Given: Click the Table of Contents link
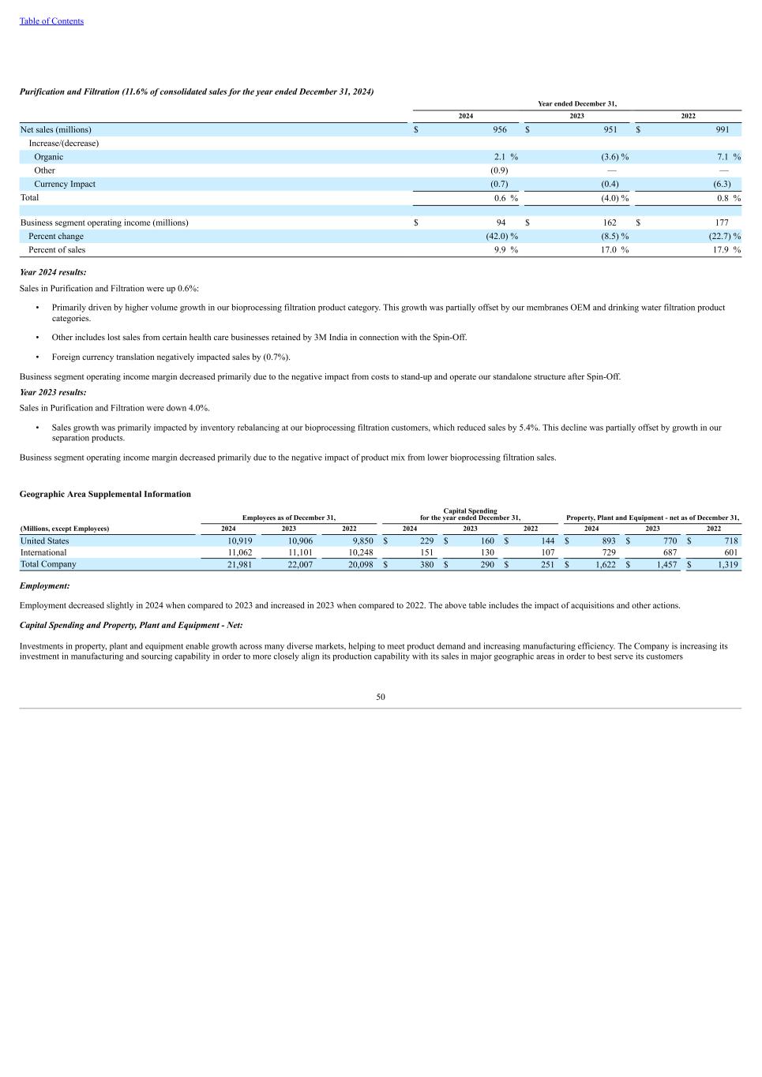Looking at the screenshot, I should pos(51,21).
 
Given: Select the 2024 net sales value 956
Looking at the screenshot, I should pos(500,129).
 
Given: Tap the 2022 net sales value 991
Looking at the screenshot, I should pos(723,129).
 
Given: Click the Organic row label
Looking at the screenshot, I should pos(48,157).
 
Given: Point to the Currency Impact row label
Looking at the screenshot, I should pos(64,184).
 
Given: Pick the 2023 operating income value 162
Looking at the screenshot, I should pos(610,223).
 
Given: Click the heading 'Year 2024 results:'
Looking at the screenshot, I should pos(53,272).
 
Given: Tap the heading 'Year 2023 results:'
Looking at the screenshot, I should pos(53,392).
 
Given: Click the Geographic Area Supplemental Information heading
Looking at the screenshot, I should pos(105,494).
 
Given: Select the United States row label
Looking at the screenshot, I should pos(44,541).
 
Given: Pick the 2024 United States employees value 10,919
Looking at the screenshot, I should pos(239,541).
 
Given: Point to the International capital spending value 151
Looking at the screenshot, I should pos(427,553).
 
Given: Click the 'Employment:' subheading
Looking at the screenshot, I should pos(44,586).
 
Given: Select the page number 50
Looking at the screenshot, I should pos(381,697).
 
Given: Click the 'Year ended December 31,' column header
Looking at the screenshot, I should pos(576,103).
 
